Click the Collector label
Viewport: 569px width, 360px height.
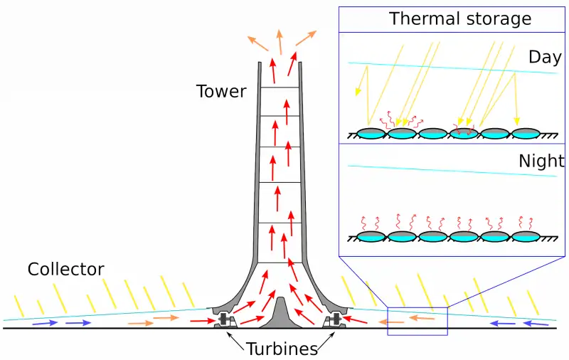[65, 270]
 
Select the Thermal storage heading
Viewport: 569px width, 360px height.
[459, 18]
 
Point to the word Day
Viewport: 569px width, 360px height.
[544, 58]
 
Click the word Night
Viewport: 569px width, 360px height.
[541, 161]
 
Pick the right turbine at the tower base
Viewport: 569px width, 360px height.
[332, 320]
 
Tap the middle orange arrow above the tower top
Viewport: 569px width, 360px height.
[280, 41]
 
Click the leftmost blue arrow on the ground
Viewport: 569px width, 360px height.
[43, 323]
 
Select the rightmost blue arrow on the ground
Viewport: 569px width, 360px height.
[536, 323]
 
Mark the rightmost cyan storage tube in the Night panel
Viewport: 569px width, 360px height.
[526, 236]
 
